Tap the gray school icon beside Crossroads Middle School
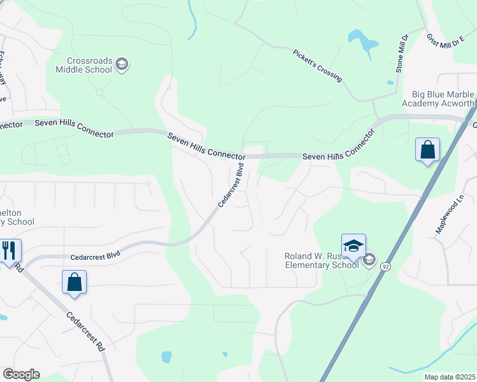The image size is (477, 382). pyautogui.click(x=122, y=64)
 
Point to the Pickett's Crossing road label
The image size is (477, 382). pyautogui.click(x=317, y=66)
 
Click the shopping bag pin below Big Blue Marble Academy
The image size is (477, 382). pyautogui.click(x=427, y=151)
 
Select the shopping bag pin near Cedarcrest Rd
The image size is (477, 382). pyautogui.click(x=74, y=283)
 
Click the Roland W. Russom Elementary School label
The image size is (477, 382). pyautogui.click(x=321, y=260)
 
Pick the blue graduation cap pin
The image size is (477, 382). pyautogui.click(x=353, y=246)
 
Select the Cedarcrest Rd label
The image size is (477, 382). pyautogui.click(x=84, y=332)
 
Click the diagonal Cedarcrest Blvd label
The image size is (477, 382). pyautogui.click(x=231, y=185)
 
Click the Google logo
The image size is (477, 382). pyautogui.click(x=21, y=374)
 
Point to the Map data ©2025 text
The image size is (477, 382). pyautogui.click(x=450, y=377)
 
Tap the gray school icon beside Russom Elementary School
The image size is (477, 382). pyautogui.click(x=369, y=260)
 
